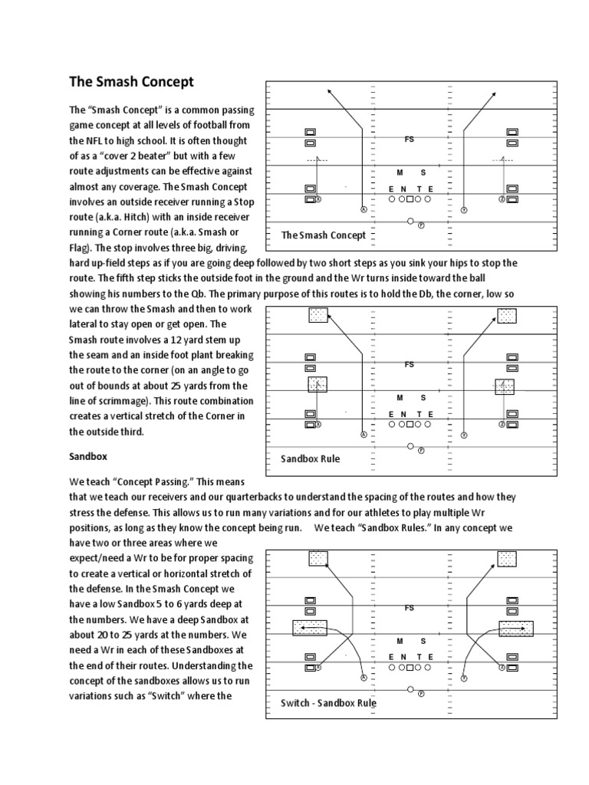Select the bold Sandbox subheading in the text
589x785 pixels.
pyautogui.click(x=88, y=455)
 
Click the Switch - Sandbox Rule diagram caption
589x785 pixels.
pyautogui.click(x=328, y=702)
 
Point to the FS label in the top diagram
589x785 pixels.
pyautogui.click(x=410, y=140)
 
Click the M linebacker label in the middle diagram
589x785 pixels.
pyautogui.click(x=399, y=397)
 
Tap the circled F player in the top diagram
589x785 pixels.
pyautogui.click(x=421, y=224)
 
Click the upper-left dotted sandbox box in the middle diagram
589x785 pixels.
pyautogui.click(x=318, y=314)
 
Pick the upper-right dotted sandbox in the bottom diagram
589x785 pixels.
pyautogui.click(x=506, y=558)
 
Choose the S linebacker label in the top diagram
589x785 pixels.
pyautogui.click(x=423, y=172)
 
